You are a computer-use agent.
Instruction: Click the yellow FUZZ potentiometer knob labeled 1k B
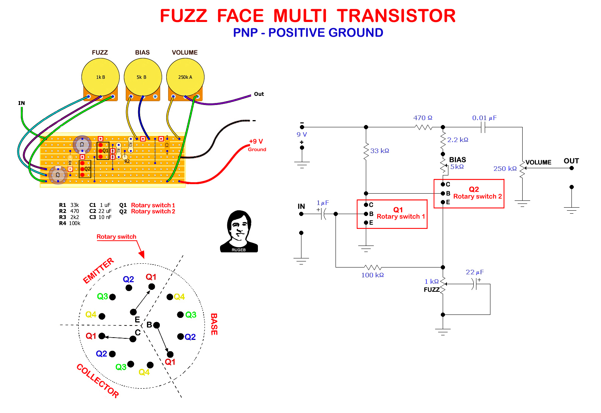pyautogui.click(x=100, y=77)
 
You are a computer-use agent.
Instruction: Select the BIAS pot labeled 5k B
pyautogui.click(x=143, y=77)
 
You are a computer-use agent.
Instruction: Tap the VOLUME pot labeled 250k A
pyautogui.click(x=185, y=77)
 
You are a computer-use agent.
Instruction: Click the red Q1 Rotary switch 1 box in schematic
pyautogui.click(x=392, y=214)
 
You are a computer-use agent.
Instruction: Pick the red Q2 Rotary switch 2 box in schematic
pyautogui.click(x=469, y=194)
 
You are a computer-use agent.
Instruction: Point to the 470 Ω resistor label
pyautogui.click(x=423, y=118)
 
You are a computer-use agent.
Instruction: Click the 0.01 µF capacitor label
pyautogui.click(x=484, y=118)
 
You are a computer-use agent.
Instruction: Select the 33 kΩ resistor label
pyautogui.click(x=379, y=151)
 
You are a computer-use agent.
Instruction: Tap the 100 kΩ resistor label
pyautogui.click(x=372, y=275)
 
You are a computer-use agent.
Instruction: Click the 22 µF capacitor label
pyautogui.click(x=475, y=272)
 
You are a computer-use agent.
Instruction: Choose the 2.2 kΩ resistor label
pyautogui.click(x=457, y=140)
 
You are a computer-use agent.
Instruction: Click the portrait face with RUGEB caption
pyautogui.click(x=239, y=231)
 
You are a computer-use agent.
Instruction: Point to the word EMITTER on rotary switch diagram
pyautogui.click(x=98, y=271)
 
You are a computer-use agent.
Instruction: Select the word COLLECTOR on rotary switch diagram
pyautogui.click(x=98, y=380)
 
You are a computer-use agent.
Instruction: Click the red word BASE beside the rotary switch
pyautogui.click(x=214, y=324)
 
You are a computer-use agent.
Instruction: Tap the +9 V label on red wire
pyautogui.click(x=256, y=141)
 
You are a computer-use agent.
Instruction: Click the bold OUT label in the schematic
pyautogui.click(x=571, y=161)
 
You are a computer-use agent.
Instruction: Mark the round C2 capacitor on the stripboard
pyautogui.click(x=58, y=175)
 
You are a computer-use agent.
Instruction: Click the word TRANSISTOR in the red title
pyautogui.click(x=396, y=16)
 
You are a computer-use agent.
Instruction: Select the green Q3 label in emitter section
pyautogui.click(x=102, y=296)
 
